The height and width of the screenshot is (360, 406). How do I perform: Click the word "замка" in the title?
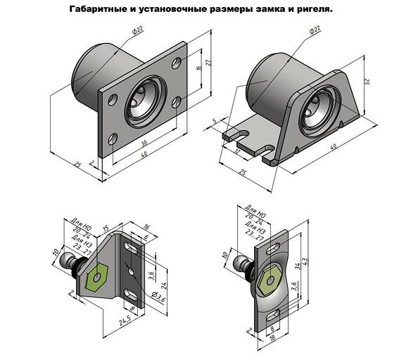(x=276, y=10)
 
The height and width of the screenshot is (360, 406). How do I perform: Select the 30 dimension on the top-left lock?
(x=151, y=146)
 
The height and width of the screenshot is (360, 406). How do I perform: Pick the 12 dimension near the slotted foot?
(x=238, y=152)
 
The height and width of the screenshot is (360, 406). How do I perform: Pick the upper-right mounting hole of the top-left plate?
(x=176, y=63)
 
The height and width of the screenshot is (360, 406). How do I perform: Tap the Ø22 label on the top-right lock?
(x=315, y=30)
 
